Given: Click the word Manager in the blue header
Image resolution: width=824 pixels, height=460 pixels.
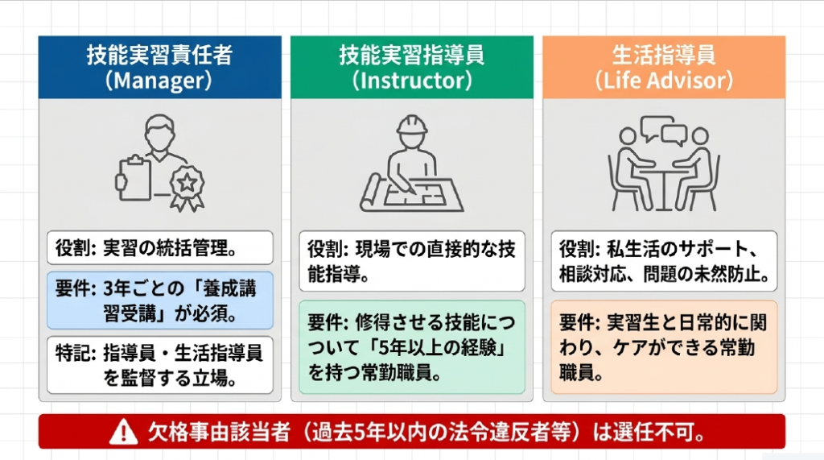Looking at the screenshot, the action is (x=160, y=81).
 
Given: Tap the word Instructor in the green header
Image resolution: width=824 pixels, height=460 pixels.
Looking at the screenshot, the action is (x=412, y=81).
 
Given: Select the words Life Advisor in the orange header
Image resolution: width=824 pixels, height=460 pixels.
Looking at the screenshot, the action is (x=664, y=81).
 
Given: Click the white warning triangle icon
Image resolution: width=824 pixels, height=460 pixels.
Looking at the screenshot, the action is (x=123, y=432).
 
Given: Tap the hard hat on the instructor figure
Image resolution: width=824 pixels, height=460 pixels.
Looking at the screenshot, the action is (x=412, y=125).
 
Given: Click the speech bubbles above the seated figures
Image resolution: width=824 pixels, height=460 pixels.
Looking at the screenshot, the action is (x=664, y=130).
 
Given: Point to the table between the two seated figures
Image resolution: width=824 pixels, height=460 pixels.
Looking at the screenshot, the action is (x=664, y=185).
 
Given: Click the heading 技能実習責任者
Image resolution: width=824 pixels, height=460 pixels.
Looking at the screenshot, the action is (x=160, y=55).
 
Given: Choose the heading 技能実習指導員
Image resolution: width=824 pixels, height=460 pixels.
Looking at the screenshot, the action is (x=412, y=55).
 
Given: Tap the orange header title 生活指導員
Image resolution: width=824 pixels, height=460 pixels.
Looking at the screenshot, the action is (x=664, y=55).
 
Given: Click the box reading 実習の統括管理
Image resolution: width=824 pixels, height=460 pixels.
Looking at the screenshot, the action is (x=160, y=248).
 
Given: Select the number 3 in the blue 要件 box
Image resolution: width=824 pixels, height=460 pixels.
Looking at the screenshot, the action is (x=109, y=289).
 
